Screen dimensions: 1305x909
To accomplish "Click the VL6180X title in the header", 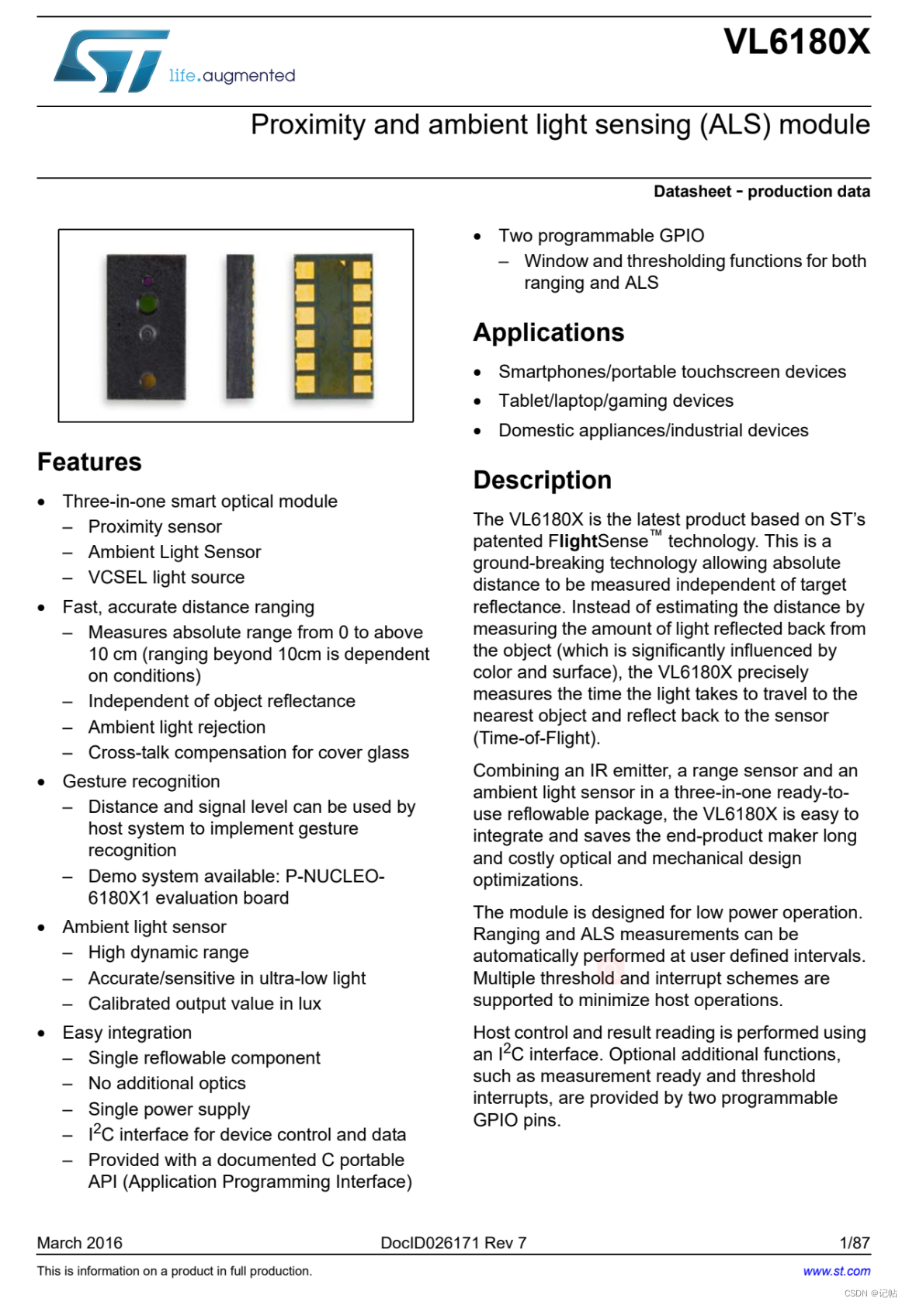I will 796,42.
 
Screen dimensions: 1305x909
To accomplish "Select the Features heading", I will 89,462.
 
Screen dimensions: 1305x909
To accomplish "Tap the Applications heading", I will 548,332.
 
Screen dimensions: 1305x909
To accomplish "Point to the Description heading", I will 542,480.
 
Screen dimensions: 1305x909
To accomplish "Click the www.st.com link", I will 836,1271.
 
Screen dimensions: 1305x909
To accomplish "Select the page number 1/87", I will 854,1242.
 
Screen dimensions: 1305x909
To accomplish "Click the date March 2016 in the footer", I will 80,1242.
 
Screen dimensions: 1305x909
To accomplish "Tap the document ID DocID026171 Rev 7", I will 453,1242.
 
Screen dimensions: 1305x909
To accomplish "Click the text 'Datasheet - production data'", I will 761,192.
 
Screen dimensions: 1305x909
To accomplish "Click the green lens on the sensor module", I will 147,304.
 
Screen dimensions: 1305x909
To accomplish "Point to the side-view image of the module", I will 240,326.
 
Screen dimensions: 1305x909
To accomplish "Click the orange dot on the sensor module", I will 147,380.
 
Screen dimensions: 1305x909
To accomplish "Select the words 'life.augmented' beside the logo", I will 232,75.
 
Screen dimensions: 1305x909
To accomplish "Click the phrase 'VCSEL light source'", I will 166,577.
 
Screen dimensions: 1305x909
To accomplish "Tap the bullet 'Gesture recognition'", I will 141,781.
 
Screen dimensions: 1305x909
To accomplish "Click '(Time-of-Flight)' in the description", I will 536,738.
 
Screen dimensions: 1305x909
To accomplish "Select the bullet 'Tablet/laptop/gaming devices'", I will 616,401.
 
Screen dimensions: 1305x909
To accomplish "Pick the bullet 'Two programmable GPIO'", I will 601,235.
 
